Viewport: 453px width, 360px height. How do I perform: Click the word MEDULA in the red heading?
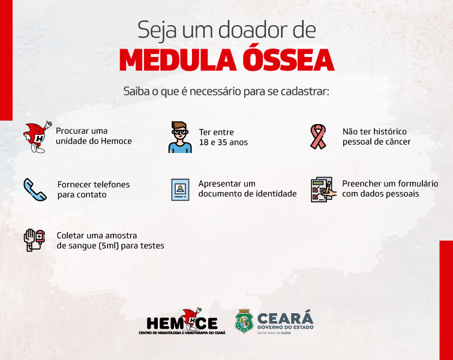click(x=178, y=60)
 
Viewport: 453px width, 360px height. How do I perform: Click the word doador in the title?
click(x=253, y=30)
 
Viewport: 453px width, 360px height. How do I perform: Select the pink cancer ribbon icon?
click(x=318, y=137)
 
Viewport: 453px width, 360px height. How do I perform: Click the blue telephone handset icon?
click(x=35, y=190)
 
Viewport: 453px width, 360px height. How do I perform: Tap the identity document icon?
click(x=180, y=190)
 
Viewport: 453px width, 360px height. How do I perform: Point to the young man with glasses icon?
click(x=180, y=137)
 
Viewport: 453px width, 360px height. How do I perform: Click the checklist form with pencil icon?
click(x=323, y=190)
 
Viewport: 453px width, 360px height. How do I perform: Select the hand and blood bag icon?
click(x=34, y=240)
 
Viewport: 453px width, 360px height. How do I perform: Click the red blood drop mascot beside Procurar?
click(x=37, y=137)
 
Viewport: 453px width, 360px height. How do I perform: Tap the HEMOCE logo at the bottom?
click(x=182, y=321)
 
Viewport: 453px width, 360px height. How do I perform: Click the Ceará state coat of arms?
click(x=244, y=321)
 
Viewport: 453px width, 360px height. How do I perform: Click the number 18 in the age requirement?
click(x=203, y=142)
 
